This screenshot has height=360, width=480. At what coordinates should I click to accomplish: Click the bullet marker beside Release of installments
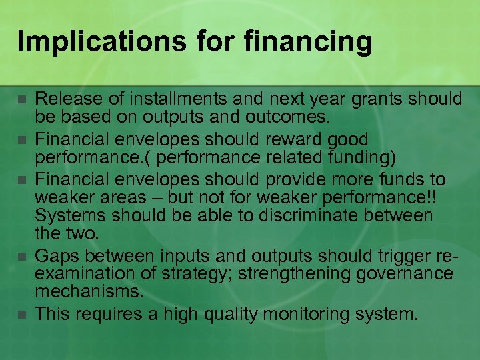coord(21,99)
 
